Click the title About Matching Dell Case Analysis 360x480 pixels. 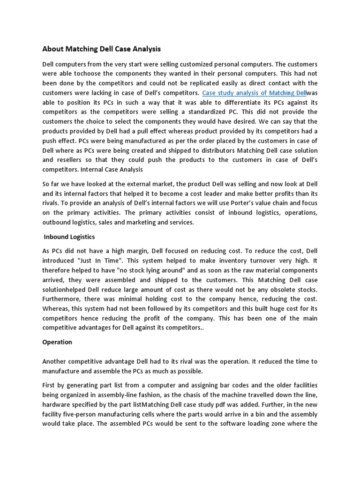click(x=102, y=48)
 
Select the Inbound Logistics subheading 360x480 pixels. click(x=69, y=237)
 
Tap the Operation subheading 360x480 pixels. click(x=57, y=342)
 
